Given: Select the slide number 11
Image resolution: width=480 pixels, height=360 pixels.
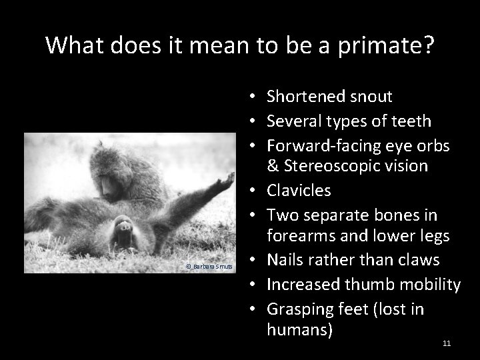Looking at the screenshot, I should click(446, 343).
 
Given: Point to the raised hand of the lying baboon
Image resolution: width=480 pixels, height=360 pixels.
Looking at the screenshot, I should click(227, 179).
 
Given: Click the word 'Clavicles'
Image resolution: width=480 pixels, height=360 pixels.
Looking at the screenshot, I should click(299, 190).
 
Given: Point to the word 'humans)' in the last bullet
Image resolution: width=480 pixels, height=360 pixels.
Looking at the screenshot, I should click(299, 329).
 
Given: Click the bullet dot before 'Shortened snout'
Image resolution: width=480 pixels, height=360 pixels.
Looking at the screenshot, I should click(256, 97).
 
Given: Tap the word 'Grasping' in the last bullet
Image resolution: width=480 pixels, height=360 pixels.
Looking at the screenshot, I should click(298, 309).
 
